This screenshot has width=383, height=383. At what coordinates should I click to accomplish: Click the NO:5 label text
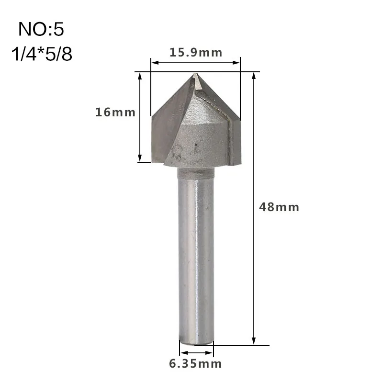[41, 30]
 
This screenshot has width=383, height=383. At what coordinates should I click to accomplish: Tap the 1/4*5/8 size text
[41, 54]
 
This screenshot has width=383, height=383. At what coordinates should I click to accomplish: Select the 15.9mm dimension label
[196, 53]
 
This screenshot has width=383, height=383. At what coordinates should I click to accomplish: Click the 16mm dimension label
[115, 113]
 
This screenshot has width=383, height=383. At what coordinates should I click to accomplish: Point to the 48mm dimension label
[279, 207]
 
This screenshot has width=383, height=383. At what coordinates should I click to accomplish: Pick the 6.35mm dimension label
[196, 364]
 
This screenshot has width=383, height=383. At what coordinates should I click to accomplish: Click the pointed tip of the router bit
[195, 75]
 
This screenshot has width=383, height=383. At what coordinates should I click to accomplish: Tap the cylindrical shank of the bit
[195, 259]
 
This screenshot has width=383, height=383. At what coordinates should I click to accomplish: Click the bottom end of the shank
[195, 341]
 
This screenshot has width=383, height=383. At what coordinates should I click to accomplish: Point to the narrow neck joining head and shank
[195, 173]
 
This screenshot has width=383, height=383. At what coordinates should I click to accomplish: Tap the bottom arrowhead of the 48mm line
[254, 341]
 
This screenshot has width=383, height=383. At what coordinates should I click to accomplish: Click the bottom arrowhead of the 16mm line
[140, 158]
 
